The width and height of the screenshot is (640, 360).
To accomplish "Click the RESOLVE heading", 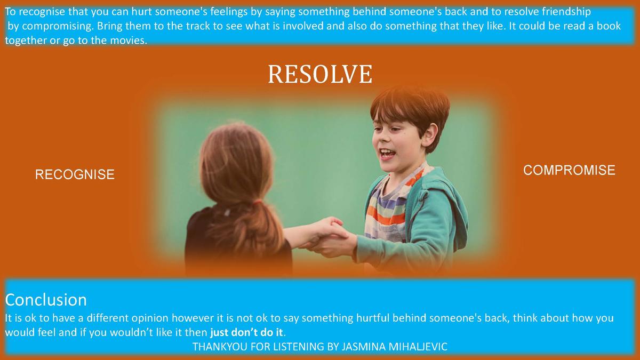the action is click(320, 74).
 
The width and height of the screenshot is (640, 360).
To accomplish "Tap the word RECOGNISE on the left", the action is click(75, 174).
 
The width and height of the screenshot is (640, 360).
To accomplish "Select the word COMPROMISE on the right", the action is click(569, 170).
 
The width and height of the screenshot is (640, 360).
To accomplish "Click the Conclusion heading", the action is click(46, 300).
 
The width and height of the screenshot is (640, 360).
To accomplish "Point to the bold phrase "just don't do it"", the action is click(246, 332).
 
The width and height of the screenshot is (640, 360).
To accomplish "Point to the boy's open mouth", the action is click(387, 154).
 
